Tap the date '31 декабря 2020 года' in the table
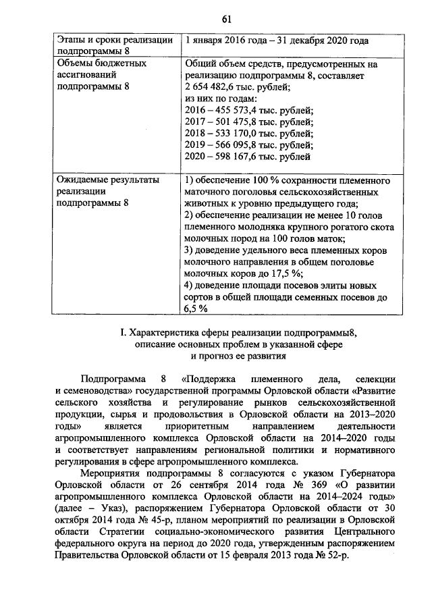[323, 41]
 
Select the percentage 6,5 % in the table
[195, 309]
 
